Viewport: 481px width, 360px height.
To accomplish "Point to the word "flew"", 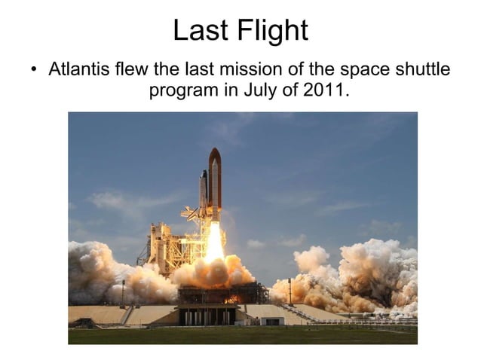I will [x=133, y=70].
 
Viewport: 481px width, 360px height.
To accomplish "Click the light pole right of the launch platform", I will [x=289, y=290].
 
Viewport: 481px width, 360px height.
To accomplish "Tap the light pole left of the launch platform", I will [x=123, y=292].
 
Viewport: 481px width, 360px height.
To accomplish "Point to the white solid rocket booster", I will [x=204, y=192].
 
